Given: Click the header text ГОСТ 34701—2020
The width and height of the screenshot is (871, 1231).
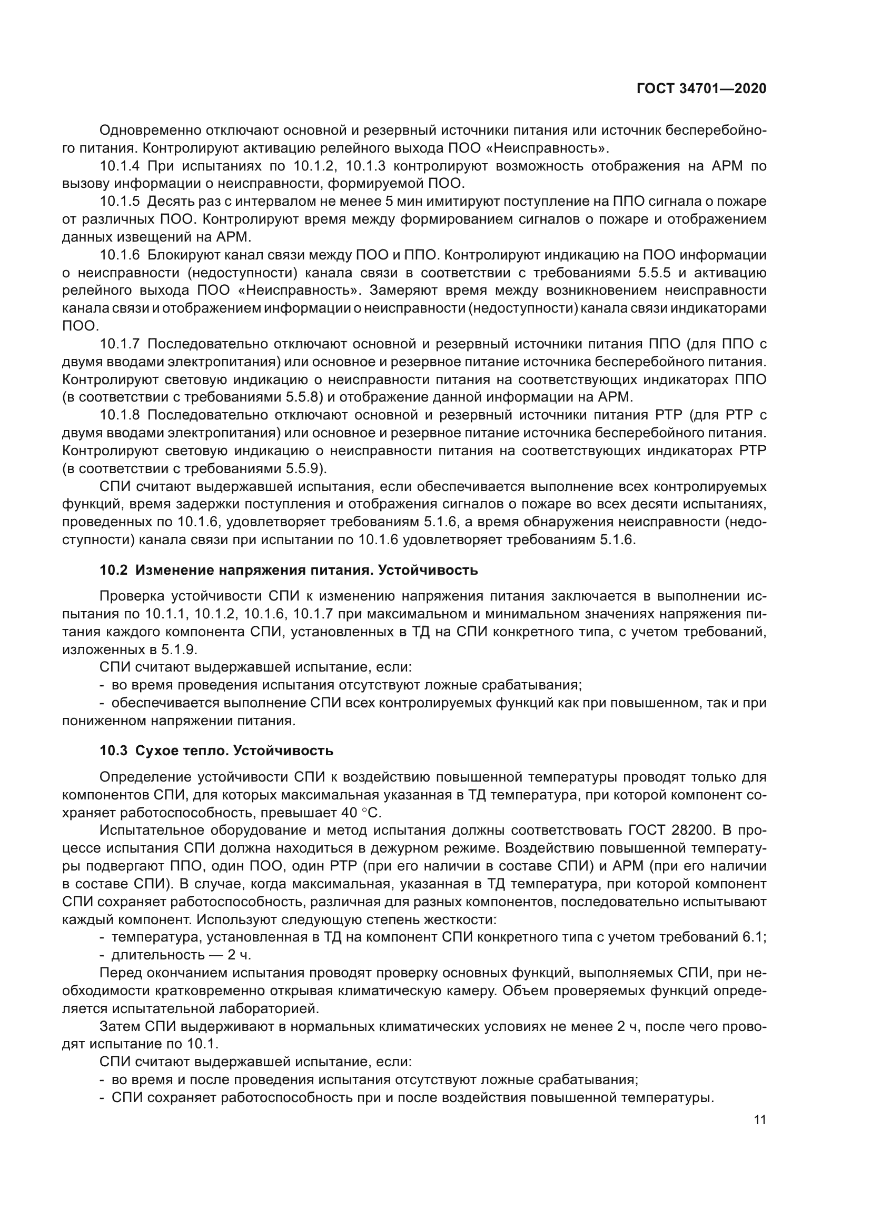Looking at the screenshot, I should click(x=701, y=88).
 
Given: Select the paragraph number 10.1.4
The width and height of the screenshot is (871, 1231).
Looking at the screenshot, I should click(x=120, y=166).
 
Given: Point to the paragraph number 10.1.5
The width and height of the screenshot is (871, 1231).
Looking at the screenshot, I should click(x=120, y=202).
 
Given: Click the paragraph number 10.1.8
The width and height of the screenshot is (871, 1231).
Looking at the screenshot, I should click(x=120, y=415).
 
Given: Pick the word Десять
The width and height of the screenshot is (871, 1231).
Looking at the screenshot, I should click(x=166, y=202).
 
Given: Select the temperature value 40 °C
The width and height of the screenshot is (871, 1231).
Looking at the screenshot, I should click(x=361, y=813).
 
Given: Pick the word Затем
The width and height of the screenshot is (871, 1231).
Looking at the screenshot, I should click(x=120, y=1026).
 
